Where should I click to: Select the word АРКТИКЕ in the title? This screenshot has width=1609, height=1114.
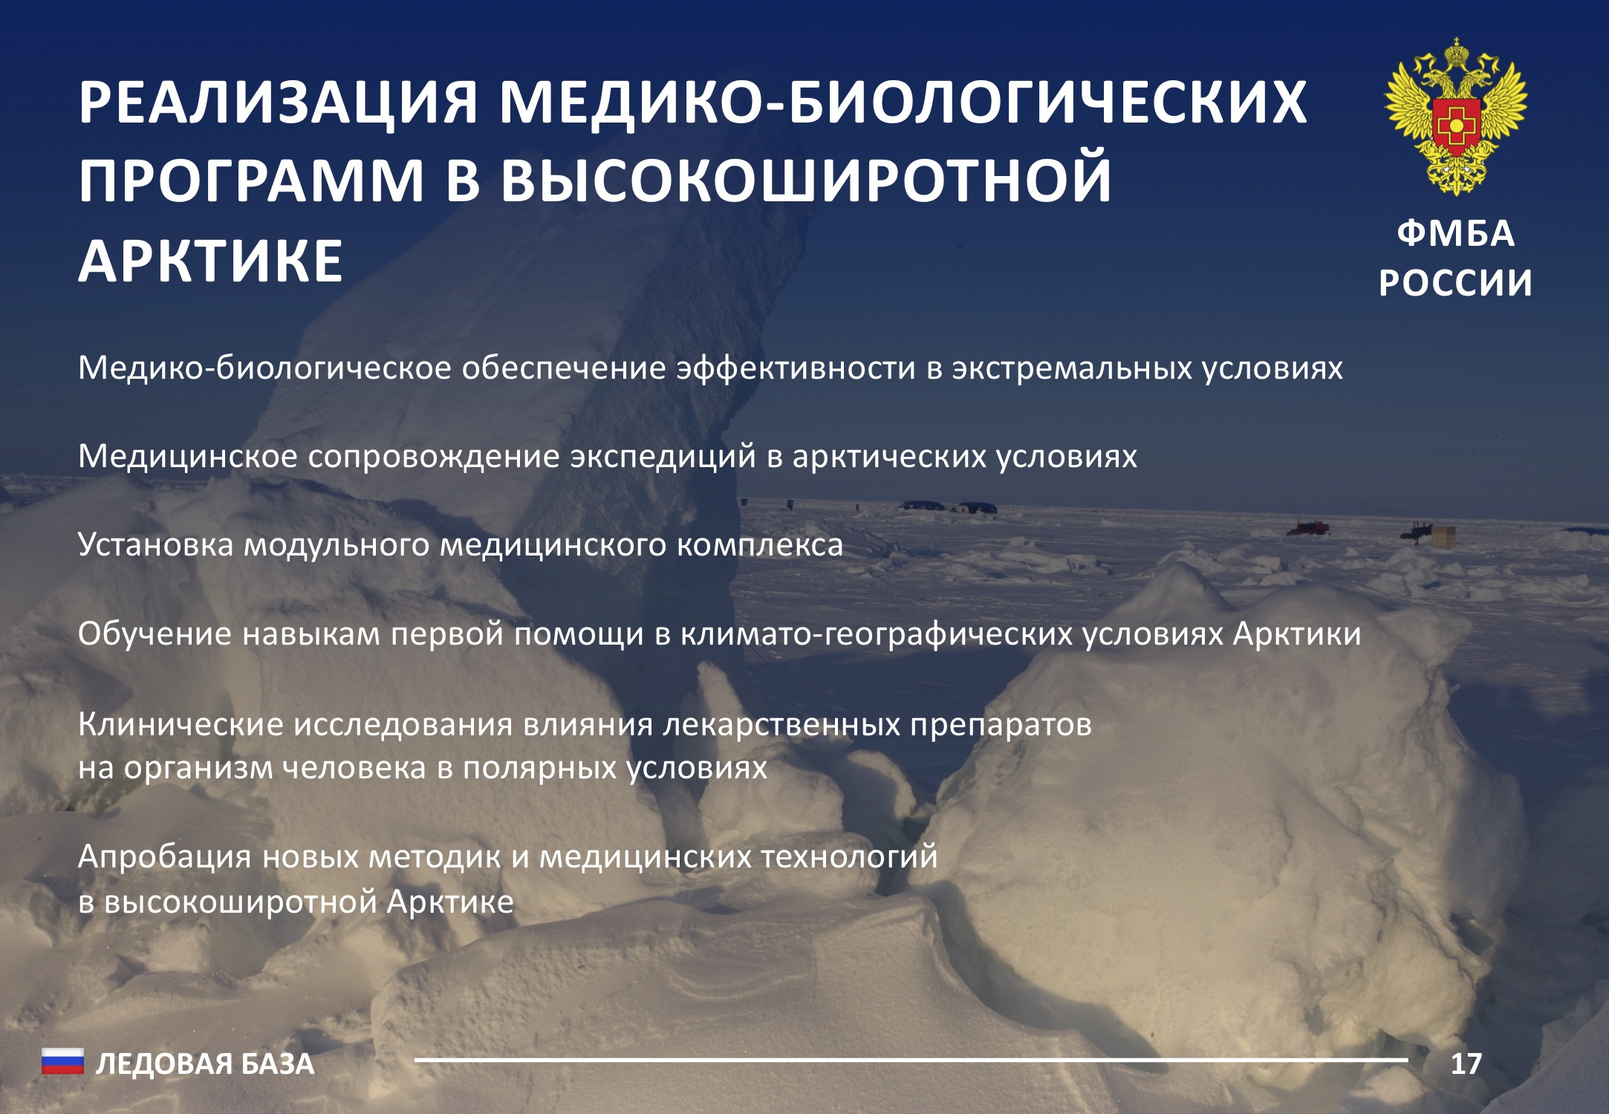pos(211,261)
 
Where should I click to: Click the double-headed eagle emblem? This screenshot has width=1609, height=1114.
pos(1456,117)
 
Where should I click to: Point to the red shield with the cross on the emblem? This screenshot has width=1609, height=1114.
pos(1456,125)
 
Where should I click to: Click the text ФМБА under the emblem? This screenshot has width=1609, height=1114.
pos(1456,234)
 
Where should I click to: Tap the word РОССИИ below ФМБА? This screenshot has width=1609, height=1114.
pos(1456,283)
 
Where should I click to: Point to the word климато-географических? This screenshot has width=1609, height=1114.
pos(876,634)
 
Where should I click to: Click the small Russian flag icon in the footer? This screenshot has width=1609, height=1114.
pos(62,1062)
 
